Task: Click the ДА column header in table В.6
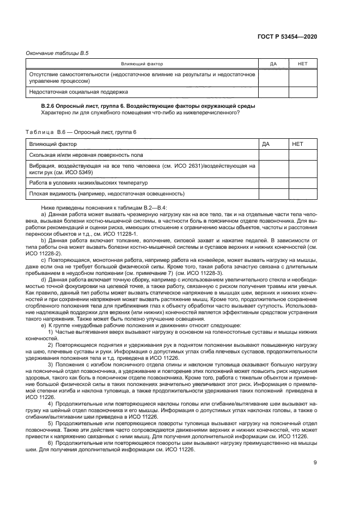(266, 144)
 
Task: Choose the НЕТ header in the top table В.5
(303, 64)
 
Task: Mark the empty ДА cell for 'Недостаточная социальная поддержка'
(273, 92)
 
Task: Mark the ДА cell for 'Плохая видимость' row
(273, 193)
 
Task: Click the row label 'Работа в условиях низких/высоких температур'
(88, 182)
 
